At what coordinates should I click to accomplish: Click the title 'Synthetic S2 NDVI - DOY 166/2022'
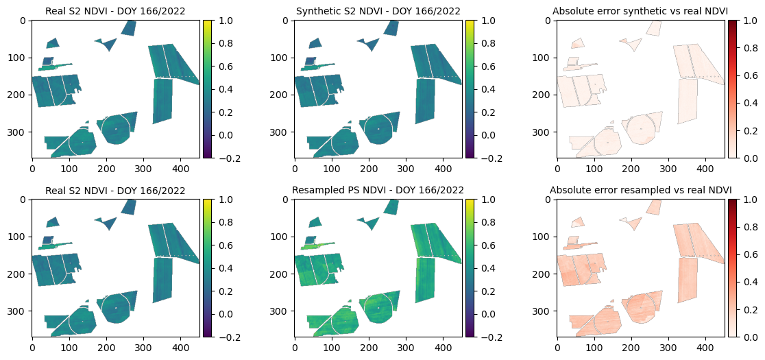click(x=378, y=11)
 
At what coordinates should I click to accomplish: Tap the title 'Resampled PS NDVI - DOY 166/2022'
click(x=378, y=189)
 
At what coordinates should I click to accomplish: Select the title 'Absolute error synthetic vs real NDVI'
click(x=640, y=11)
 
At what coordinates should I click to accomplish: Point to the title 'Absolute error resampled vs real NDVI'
click(x=640, y=189)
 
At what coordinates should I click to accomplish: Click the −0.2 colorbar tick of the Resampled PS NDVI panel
click(x=489, y=336)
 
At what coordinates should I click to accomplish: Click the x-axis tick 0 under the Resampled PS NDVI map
click(x=295, y=345)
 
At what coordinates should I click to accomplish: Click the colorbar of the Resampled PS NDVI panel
click(x=470, y=267)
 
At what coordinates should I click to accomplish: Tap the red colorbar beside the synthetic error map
click(x=732, y=89)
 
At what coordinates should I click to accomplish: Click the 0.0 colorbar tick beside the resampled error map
click(x=749, y=336)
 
